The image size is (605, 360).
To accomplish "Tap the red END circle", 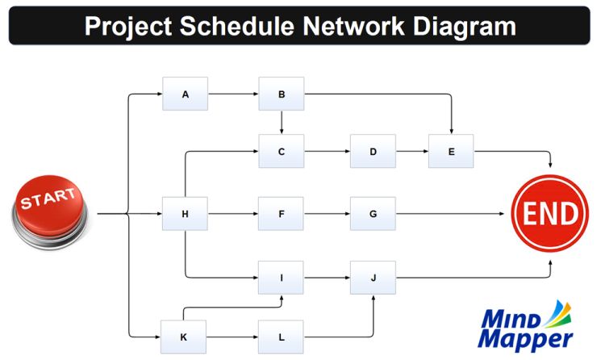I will pyautogui.click(x=550, y=214).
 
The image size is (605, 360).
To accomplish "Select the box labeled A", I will pyautogui.click(x=185, y=94).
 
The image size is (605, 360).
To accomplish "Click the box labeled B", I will pyautogui.click(x=281, y=94).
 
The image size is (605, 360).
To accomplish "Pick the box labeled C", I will pyautogui.click(x=281, y=151).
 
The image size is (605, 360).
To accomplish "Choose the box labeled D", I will pyautogui.click(x=373, y=151).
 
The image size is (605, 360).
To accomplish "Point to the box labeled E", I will pyautogui.click(x=451, y=151).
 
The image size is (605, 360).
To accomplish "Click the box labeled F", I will pyautogui.click(x=281, y=214).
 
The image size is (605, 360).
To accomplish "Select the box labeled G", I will pyautogui.click(x=373, y=214).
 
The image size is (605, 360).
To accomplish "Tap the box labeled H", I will pyautogui.click(x=185, y=214).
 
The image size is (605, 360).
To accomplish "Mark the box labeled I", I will pyautogui.click(x=281, y=278).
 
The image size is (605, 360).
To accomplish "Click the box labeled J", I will pyautogui.click(x=373, y=278).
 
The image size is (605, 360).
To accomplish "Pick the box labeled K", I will pyautogui.click(x=185, y=336).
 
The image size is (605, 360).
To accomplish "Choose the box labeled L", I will pyautogui.click(x=281, y=336).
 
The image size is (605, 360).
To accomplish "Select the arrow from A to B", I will pyautogui.click(x=233, y=94).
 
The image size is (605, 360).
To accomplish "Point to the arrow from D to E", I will pyautogui.click(x=411, y=151).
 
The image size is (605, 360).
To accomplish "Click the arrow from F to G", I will pyautogui.click(x=327, y=214).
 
